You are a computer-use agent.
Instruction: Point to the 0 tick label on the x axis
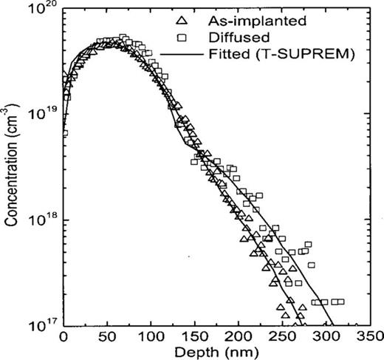(x=64, y=335)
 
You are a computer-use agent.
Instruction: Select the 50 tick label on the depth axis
(x=108, y=335)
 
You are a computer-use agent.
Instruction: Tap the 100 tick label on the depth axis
(x=152, y=335)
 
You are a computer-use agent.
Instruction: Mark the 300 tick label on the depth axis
(x=328, y=335)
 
